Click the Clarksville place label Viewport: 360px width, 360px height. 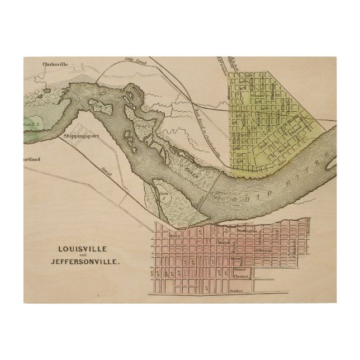(55, 64)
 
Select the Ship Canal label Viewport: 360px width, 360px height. (135, 63)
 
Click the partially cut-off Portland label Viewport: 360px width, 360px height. (30, 159)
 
